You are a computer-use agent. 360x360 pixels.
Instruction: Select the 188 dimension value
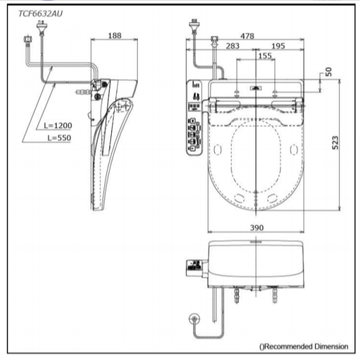pos(115,35)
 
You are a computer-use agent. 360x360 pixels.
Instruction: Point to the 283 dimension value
pos(232,46)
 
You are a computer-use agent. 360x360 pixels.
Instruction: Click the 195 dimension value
pos(277,46)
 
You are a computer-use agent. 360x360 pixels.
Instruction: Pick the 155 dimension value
pos(265,56)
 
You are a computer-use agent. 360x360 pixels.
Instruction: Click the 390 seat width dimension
pos(257,228)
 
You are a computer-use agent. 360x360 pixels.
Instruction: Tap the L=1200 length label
pos(57,125)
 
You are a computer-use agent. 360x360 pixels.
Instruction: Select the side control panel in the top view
pos(195,117)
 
